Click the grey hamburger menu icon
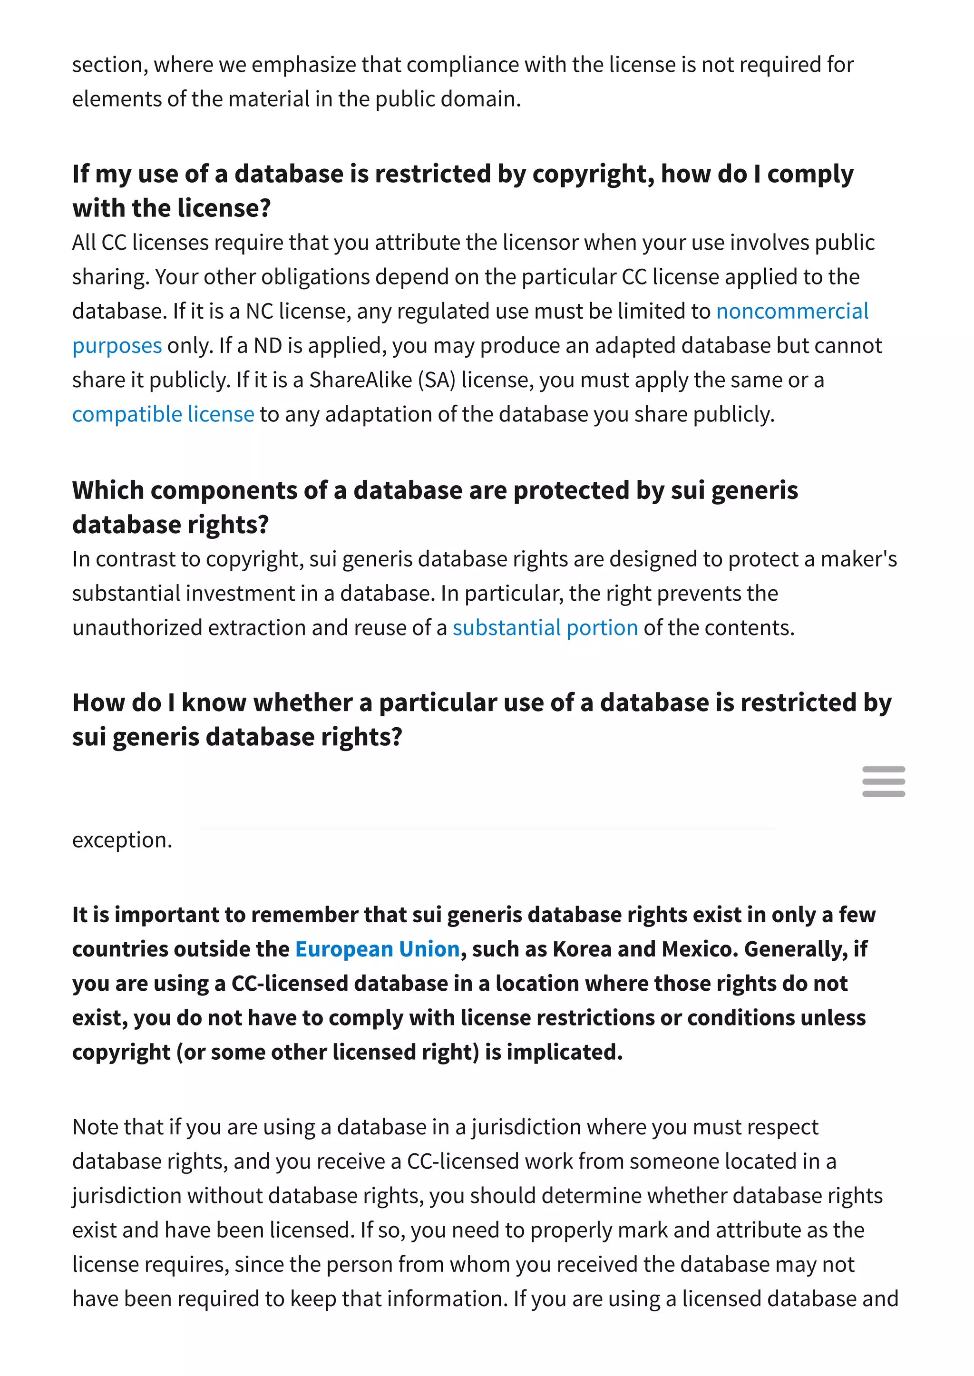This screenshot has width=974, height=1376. click(884, 781)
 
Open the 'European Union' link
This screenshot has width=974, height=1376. click(377, 949)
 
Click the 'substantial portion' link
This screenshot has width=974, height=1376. click(545, 627)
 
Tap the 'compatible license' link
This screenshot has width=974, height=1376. click(163, 414)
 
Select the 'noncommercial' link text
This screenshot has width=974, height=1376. click(792, 312)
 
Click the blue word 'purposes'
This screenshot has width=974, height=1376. click(117, 346)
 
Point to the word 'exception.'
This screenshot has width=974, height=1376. click(122, 840)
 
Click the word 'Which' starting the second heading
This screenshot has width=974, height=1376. click(107, 490)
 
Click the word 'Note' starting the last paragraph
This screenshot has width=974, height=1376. click(96, 1127)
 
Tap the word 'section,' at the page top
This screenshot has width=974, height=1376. click(110, 65)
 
